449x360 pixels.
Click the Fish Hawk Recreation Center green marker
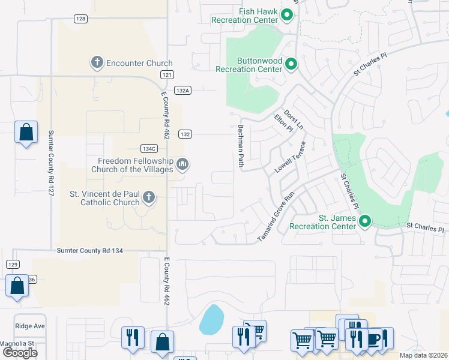(287, 15)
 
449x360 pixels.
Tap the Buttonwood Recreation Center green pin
(291, 64)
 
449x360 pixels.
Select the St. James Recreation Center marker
(364, 222)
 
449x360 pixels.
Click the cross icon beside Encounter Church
(97, 62)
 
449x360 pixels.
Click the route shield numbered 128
(81, 19)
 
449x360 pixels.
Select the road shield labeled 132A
(183, 90)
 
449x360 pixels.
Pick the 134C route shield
(149, 148)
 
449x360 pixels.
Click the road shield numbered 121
(167, 74)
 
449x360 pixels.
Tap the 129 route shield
(13, 264)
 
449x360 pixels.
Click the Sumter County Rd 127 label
(51, 157)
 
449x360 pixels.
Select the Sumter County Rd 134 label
(90, 250)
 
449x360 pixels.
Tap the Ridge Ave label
(30, 326)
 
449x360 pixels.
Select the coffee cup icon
(375, 339)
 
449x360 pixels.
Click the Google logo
(20, 353)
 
